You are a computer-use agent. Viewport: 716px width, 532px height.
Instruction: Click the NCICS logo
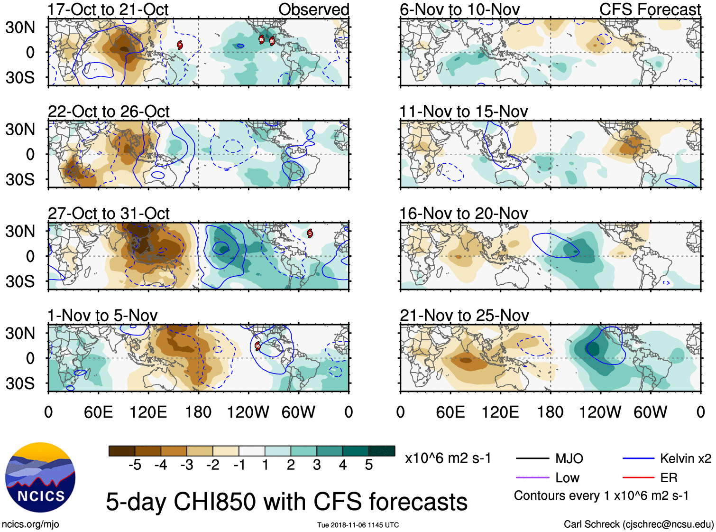(40, 477)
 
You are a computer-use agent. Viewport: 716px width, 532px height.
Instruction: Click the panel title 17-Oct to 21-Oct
(108, 9)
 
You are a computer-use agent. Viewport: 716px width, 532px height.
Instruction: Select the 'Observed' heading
(313, 9)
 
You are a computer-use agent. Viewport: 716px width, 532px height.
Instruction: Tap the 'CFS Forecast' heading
(650, 9)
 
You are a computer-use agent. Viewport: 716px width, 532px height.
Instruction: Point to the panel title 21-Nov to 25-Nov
(464, 315)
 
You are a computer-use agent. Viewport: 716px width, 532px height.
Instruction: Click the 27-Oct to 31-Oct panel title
(109, 214)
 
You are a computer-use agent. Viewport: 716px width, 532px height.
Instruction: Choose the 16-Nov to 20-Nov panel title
(464, 214)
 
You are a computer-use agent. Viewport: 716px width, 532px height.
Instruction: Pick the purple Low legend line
(532, 477)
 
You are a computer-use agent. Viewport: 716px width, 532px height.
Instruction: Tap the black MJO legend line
(532, 458)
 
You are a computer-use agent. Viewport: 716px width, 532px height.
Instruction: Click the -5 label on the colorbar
(135, 465)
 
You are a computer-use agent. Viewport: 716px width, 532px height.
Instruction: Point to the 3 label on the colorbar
(317, 465)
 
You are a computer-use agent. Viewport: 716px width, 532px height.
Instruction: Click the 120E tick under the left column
(148, 412)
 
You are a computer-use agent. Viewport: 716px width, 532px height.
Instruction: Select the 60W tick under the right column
(650, 412)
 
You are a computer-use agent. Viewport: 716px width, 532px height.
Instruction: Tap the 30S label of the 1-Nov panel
(20, 383)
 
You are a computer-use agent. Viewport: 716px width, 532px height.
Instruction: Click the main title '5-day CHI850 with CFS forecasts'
(286, 502)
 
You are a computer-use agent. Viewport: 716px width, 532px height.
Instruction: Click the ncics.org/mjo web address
(30, 524)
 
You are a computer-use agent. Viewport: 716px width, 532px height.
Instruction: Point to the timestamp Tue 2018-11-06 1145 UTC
(358, 525)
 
